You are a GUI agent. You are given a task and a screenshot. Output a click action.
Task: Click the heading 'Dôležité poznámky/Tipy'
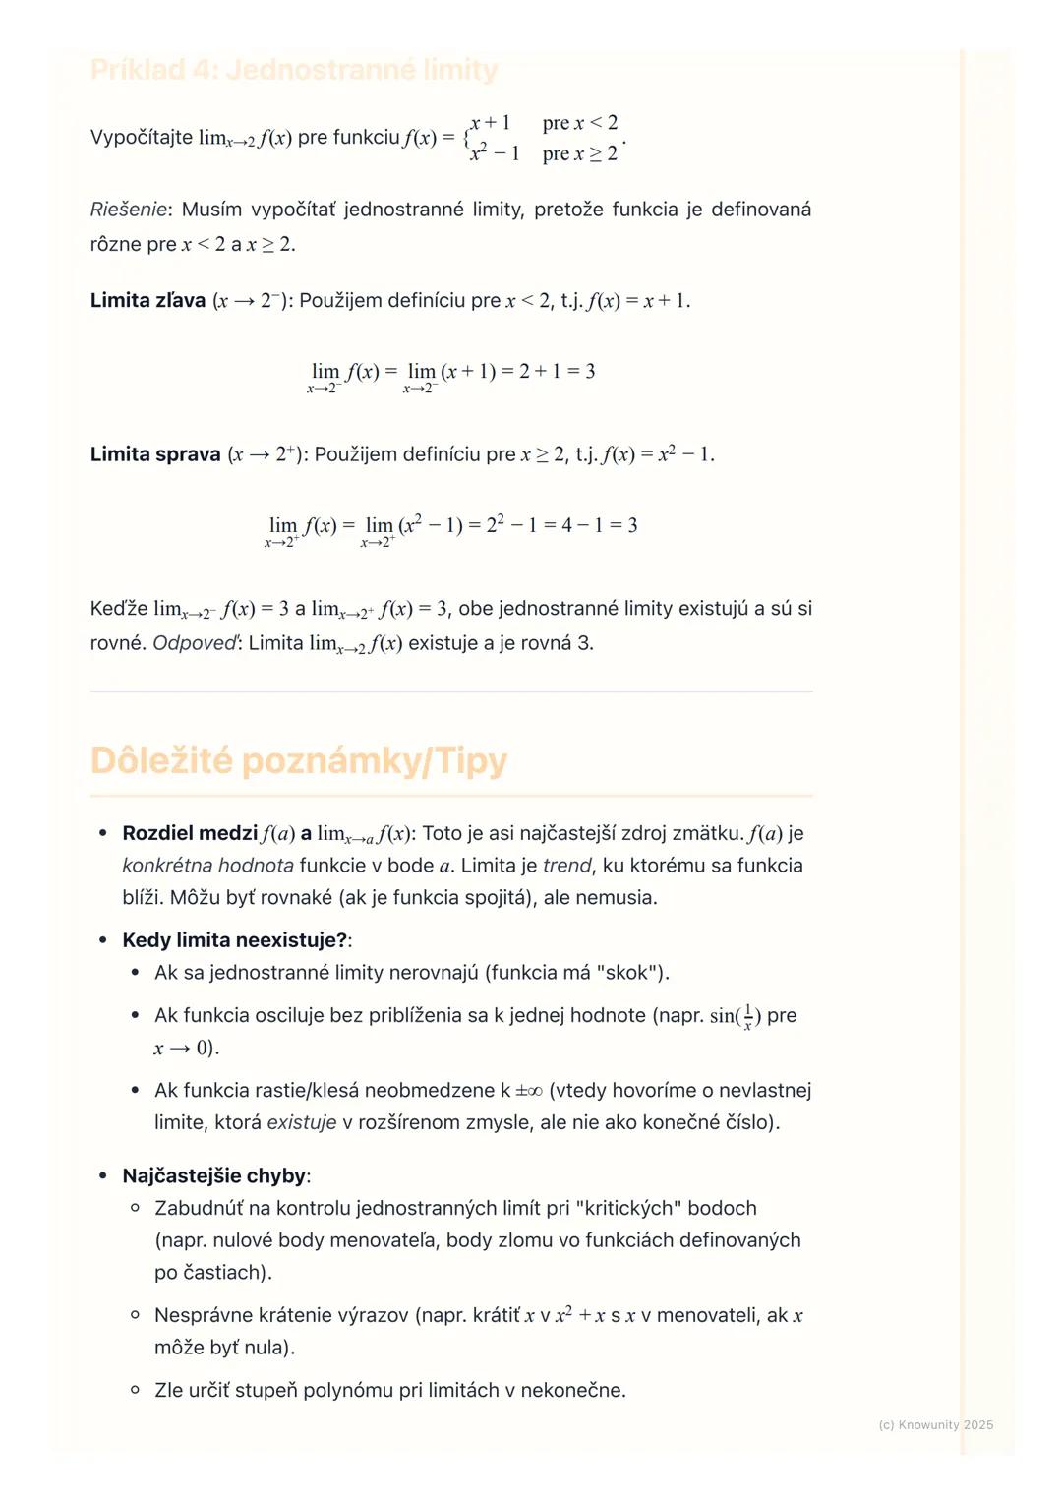(x=299, y=761)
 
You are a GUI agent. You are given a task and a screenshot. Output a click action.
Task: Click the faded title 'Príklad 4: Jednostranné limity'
(x=294, y=70)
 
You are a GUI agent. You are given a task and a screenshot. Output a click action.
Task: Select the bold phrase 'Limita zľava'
(x=147, y=301)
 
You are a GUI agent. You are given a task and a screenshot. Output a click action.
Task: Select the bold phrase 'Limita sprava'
(x=155, y=454)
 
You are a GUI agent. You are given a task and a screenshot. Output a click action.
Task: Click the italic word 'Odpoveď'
(x=195, y=643)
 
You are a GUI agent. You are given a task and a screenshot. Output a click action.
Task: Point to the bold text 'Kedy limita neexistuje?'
(x=235, y=940)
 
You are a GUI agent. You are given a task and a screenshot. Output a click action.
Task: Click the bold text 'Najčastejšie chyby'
(x=214, y=1176)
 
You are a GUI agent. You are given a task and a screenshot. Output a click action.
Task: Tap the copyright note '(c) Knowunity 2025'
(x=935, y=1425)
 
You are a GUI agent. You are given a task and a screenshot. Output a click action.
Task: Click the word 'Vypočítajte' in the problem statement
(x=141, y=138)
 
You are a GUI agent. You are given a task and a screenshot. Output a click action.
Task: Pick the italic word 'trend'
(x=567, y=866)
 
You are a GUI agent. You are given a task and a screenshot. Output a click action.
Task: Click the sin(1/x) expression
(x=735, y=1016)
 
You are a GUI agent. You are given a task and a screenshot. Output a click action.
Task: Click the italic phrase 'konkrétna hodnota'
(x=207, y=866)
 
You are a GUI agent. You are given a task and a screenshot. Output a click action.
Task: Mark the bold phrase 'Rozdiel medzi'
(x=190, y=834)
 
